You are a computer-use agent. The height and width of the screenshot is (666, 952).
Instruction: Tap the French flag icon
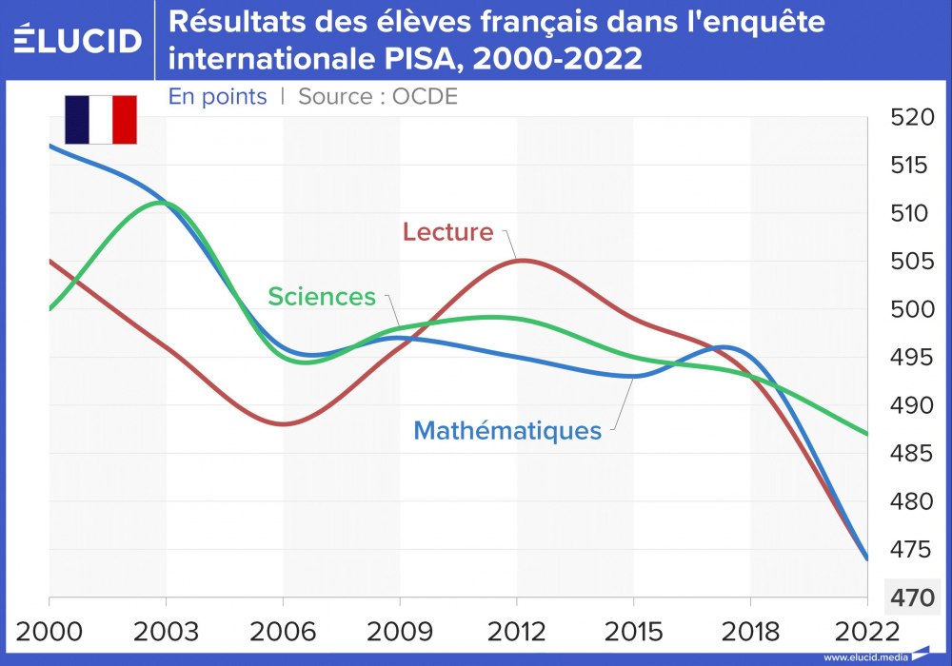click(x=101, y=119)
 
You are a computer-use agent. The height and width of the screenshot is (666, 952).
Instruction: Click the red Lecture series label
click(x=447, y=231)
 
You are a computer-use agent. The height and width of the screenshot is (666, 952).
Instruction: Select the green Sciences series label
click(x=322, y=296)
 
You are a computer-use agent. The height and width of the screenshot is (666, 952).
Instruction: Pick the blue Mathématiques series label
click(x=507, y=430)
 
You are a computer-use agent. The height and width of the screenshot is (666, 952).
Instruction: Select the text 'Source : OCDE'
click(x=378, y=96)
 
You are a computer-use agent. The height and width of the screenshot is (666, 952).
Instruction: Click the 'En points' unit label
click(x=217, y=96)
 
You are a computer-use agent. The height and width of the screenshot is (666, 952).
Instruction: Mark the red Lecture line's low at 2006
click(x=283, y=424)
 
